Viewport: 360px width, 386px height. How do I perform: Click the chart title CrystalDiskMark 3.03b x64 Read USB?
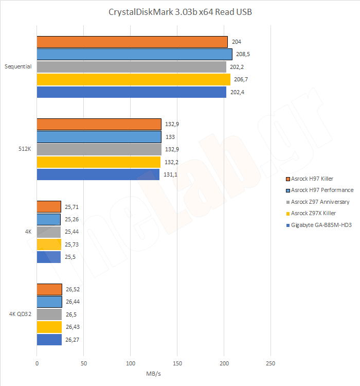(x=180, y=12)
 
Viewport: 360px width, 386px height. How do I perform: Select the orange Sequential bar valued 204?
(x=132, y=42)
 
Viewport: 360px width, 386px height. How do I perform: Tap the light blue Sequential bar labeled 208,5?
(x=134, y=54)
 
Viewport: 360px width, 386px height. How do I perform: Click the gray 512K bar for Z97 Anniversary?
(x=99, y=149)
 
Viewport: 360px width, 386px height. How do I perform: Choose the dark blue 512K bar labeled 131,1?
(x=98, y=174)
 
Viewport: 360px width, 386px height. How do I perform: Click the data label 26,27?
(x=73, y=340)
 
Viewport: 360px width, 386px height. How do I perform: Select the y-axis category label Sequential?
(x=18, y=66)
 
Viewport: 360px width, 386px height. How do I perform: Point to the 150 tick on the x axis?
(x=177, y=363)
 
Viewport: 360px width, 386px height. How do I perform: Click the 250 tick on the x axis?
(x=271, y=363)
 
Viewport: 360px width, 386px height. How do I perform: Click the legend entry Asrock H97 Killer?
(x=312, y=179)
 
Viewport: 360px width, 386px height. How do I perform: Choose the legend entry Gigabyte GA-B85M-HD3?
(x=321, y=225)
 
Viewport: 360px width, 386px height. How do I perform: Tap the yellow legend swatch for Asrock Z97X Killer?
(x=287, y=214)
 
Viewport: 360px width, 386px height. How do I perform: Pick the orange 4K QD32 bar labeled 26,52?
(x=49, y=289)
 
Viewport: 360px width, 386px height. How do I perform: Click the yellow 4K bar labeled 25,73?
(x=49, y=244)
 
